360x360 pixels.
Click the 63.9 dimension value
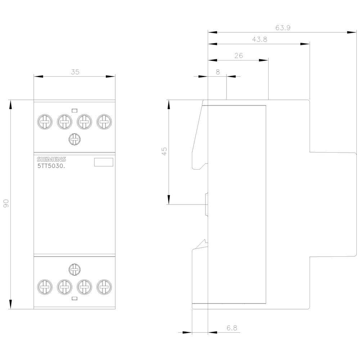[283, 28]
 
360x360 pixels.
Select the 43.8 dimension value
[259, 40]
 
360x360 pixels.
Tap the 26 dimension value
[238, 55]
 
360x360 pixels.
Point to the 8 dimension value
[217, 72]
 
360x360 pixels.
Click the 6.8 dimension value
[232, 328]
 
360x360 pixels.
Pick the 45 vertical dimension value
[165, 151]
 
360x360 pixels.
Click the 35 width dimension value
[75, 72]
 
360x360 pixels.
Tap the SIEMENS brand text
[51, 159]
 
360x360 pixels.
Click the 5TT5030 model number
[51, 166]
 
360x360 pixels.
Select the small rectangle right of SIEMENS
[104, 162]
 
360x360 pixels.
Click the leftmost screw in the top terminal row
[44, 122]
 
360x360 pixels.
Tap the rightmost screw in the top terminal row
[104, 122]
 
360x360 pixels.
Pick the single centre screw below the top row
[74, 139]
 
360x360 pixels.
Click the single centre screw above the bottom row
[74, 269]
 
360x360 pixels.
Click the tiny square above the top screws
[75, 110]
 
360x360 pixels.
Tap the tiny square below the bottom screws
[75, 298]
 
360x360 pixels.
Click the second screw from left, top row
[64, 122]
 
